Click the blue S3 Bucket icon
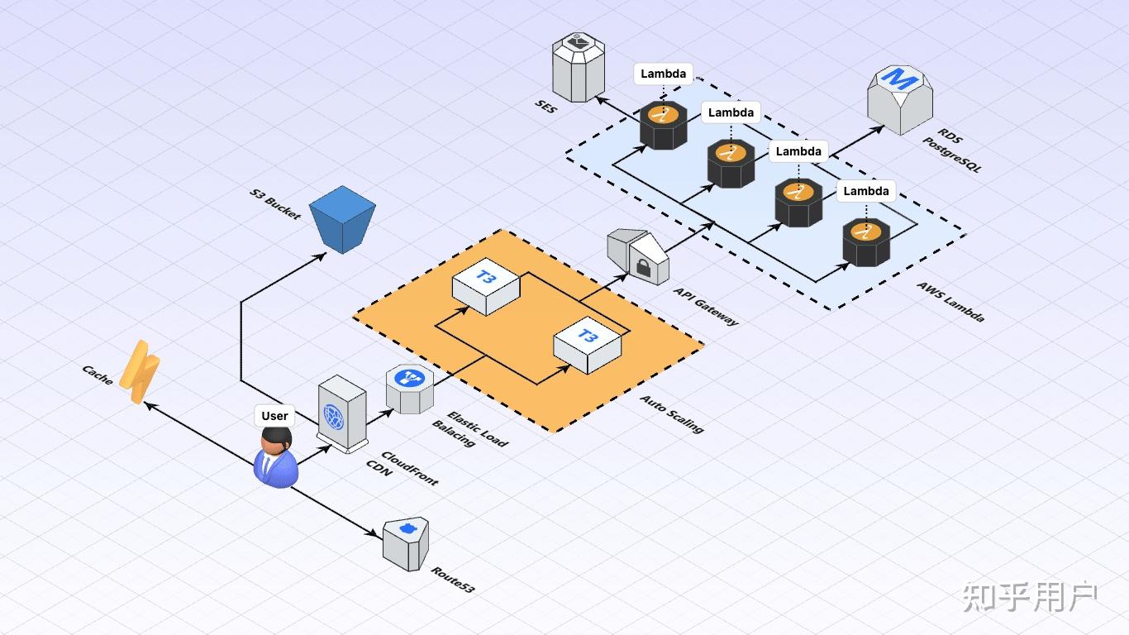tap(342, 219)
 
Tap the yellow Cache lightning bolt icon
tap(140, 372)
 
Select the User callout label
tap(274, 416)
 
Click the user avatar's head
tap(276, 442)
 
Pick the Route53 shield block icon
tap(406, 544)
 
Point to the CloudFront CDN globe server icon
tap(342, 413)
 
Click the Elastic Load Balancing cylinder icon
tap(410, 389)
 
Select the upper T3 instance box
tap(486, 286)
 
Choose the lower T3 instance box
tap(587, 345)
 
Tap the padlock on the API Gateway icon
tap(643, 267)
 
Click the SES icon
tap(578, 67)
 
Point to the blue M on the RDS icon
tap(899, 79)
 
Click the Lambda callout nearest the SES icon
tap(664, 74)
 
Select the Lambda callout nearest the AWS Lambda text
tap(866, 191)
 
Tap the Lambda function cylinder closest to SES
tap(664, 125)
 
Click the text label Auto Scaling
tap(672, 414)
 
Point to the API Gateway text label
tap(706, 307)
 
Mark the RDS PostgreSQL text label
tap(951, 150)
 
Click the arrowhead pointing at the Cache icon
tap(150, 405)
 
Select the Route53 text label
tap(453, 580)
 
